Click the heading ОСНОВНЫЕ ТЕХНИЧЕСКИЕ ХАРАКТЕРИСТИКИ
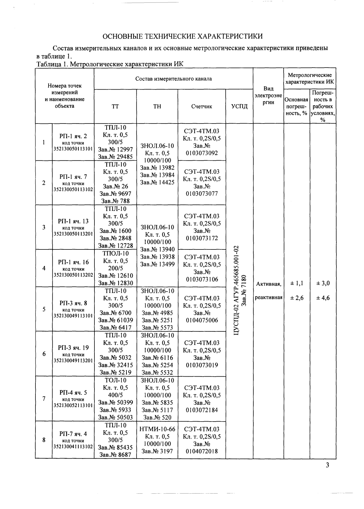[182, 36]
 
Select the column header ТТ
[115, 106]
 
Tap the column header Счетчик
[201, 106]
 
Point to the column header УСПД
[239, 106]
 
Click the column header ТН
[157, 106]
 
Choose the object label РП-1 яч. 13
[73, 221]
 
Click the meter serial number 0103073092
[202, 153]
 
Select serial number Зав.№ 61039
[115, 320]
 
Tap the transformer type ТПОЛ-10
[115, 253]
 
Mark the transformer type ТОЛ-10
[115, 380]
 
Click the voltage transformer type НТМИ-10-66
[157, 429]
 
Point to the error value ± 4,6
[323, 298]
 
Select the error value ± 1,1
[296, 283]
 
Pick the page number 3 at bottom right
[327, 465]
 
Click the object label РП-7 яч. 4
[73, 433]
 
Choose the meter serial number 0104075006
[202, 320]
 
